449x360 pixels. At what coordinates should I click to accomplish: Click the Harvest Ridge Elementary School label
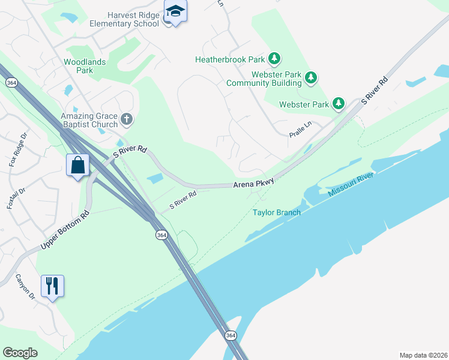click(125, 19)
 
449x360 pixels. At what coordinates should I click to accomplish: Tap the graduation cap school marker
click(175, 11)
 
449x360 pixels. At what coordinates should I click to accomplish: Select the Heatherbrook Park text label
click(230, 59)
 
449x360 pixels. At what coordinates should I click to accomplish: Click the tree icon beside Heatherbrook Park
click(274, 58)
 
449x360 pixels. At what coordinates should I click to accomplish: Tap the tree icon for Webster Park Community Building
click(310, 77)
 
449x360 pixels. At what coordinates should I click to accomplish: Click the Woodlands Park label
click(85, 66)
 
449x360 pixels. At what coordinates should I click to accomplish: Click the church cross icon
click(126, 119)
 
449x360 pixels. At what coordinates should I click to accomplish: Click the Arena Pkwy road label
click(254, 183)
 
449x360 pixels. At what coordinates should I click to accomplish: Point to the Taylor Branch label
click(276, 212)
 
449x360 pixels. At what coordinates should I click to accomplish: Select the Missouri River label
click(351, 184)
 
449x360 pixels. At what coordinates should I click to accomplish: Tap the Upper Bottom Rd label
click(65, 230)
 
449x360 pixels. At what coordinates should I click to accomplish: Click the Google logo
click(20, 353)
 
